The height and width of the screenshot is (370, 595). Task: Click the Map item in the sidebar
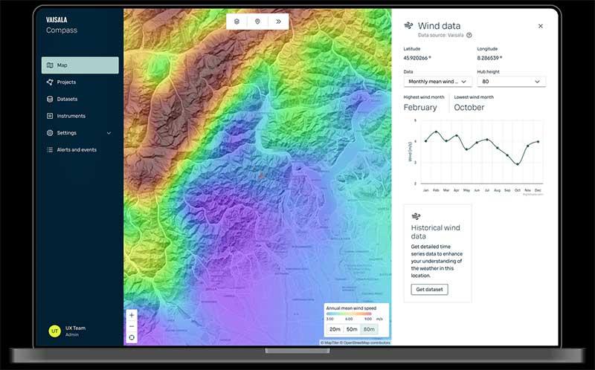(80, 65)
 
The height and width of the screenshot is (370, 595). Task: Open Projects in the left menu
(66, 82)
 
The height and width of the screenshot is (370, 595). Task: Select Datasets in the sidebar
(67, 99)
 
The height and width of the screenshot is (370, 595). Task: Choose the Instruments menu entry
(71, 116)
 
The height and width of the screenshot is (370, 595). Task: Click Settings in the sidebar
(66, 133)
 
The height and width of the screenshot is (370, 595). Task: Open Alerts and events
(76, 150)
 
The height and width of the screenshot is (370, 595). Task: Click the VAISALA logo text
(57, 21)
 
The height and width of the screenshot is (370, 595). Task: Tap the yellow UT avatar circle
(54, 331)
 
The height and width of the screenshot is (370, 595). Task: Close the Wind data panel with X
(540, 26)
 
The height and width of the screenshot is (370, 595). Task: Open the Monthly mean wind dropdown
(437, 82)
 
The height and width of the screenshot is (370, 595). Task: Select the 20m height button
(335, 329)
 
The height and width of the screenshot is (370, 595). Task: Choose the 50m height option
(352, 329)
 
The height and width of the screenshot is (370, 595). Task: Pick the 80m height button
(369, 329)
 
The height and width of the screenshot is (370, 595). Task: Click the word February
(420, 108)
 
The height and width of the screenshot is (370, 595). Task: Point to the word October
(469, 108)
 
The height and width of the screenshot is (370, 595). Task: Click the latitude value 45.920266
(417, 57)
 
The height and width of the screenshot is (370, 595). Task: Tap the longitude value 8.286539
(489, 57)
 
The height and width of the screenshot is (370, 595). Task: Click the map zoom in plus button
(132, 315)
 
